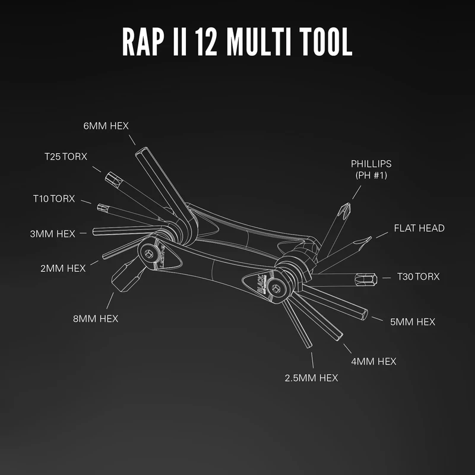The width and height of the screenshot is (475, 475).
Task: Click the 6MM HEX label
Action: point(106,126)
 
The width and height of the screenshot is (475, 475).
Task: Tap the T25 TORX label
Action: point(66,157)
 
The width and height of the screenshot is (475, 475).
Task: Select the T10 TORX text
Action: point(54,198)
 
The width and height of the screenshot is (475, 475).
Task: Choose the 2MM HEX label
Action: point(63,268)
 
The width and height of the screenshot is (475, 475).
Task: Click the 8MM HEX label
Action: point(96,318)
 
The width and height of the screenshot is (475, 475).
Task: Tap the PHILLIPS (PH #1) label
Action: point(371,169)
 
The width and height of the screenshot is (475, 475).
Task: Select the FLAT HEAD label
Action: point(419,228)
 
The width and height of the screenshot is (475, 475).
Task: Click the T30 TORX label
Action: point(419,276)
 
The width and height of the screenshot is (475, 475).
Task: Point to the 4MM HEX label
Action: point(373,360)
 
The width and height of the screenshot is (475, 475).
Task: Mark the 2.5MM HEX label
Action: point(312,377)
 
